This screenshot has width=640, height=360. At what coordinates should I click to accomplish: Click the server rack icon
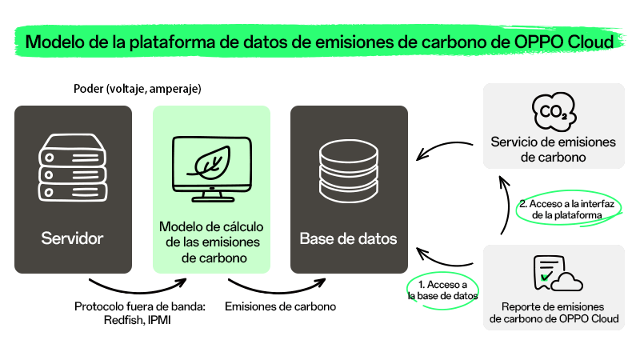coord(73,168)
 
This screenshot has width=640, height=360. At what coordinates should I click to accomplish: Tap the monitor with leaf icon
coord(212,169)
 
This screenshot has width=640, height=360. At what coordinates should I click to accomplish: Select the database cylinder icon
coord(349,171)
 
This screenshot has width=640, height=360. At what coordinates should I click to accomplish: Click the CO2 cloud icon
coord(554,111)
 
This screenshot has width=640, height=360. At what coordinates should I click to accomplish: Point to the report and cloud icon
coord(558,273)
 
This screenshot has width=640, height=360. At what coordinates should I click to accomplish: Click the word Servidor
coord(72,238)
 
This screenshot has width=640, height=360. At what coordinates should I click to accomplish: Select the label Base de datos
coord(348,238)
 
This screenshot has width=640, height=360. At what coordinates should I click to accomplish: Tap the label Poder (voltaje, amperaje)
coord(138,89)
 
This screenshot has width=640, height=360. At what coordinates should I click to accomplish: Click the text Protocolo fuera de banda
coord(139,306)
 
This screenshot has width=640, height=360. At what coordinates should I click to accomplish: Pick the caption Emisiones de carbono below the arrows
coord(281,306)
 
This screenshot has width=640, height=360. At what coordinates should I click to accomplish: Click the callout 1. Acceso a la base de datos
coord(443,290)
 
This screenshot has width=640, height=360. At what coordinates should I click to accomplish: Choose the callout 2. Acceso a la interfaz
coord(567,209)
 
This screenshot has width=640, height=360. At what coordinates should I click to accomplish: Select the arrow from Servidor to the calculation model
coord(138,290)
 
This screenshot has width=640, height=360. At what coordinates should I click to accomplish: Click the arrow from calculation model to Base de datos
coord(278,290)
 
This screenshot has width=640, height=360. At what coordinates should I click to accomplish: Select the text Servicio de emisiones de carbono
coord(554,150)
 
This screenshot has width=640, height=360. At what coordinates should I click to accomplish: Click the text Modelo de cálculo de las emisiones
coord(212,234)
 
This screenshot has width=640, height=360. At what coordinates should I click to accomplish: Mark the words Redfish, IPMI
coord(137,319)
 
